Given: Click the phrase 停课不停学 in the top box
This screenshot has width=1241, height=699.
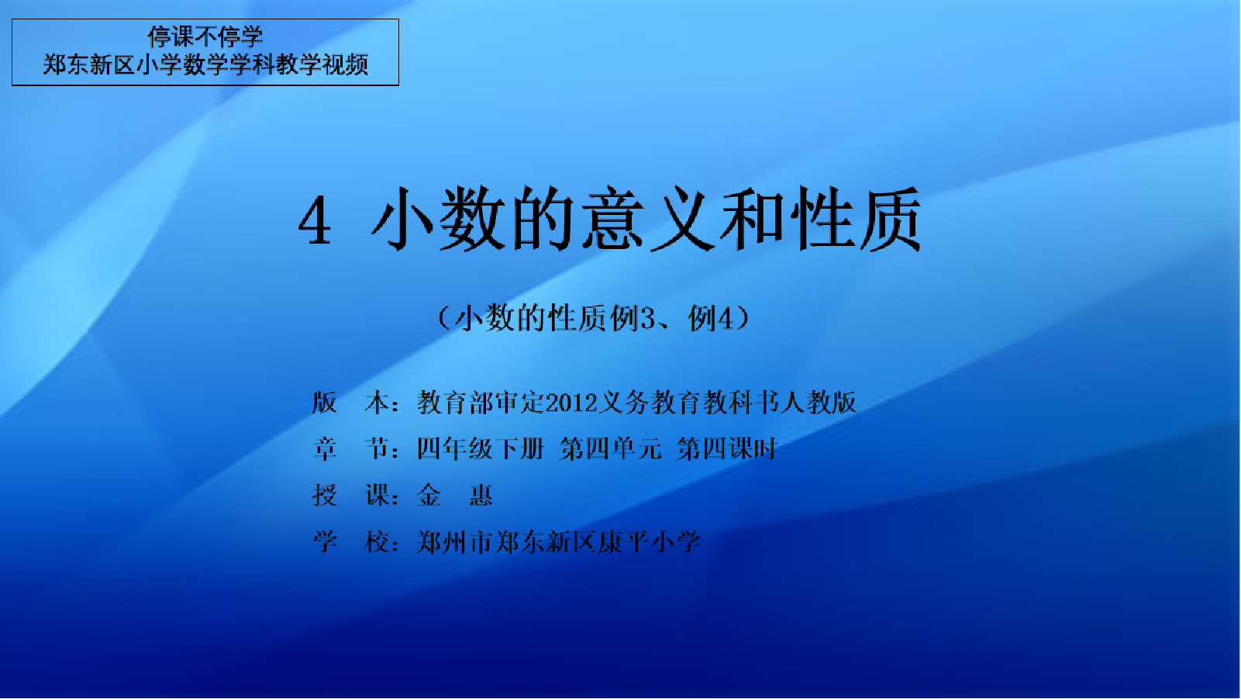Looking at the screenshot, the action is click(205, 37).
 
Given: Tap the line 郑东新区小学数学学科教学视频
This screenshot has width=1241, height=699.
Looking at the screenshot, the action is click(205, 65).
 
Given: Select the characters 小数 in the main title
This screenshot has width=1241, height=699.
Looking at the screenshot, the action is click(439, 219).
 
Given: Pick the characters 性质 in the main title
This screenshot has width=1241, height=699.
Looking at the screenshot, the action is click(857, 219).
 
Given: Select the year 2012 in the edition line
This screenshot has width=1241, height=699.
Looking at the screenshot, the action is click(572, 403).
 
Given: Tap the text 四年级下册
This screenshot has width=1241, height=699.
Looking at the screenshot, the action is click(481, 449).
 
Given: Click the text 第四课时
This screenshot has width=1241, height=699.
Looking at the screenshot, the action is click(727, 449).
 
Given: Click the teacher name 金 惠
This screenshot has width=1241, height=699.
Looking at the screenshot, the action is click(454, 495).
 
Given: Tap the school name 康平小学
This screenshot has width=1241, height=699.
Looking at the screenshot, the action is click(650, 542).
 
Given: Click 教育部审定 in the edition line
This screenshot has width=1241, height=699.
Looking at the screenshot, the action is click(481, 403).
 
